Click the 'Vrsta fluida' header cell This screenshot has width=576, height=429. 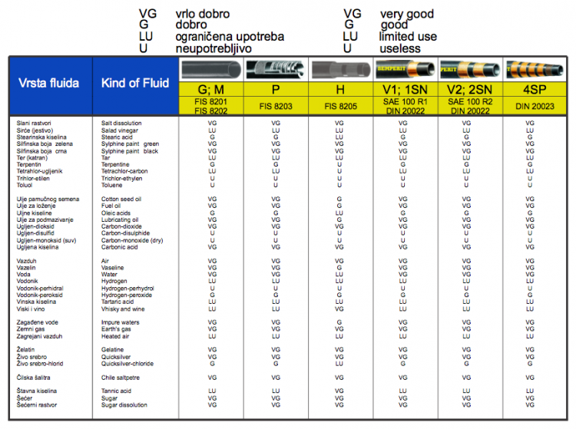[x=49, y=84]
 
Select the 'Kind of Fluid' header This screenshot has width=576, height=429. [x=134, y=83]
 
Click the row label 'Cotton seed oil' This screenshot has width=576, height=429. [x=121, y=199]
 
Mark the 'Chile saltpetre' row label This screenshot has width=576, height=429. [x=121, y=377]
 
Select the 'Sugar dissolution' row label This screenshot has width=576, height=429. [x=124, y=404]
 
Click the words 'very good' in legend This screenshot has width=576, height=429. [x=406, y=14]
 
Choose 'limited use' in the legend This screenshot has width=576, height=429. [x=409, y=37]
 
